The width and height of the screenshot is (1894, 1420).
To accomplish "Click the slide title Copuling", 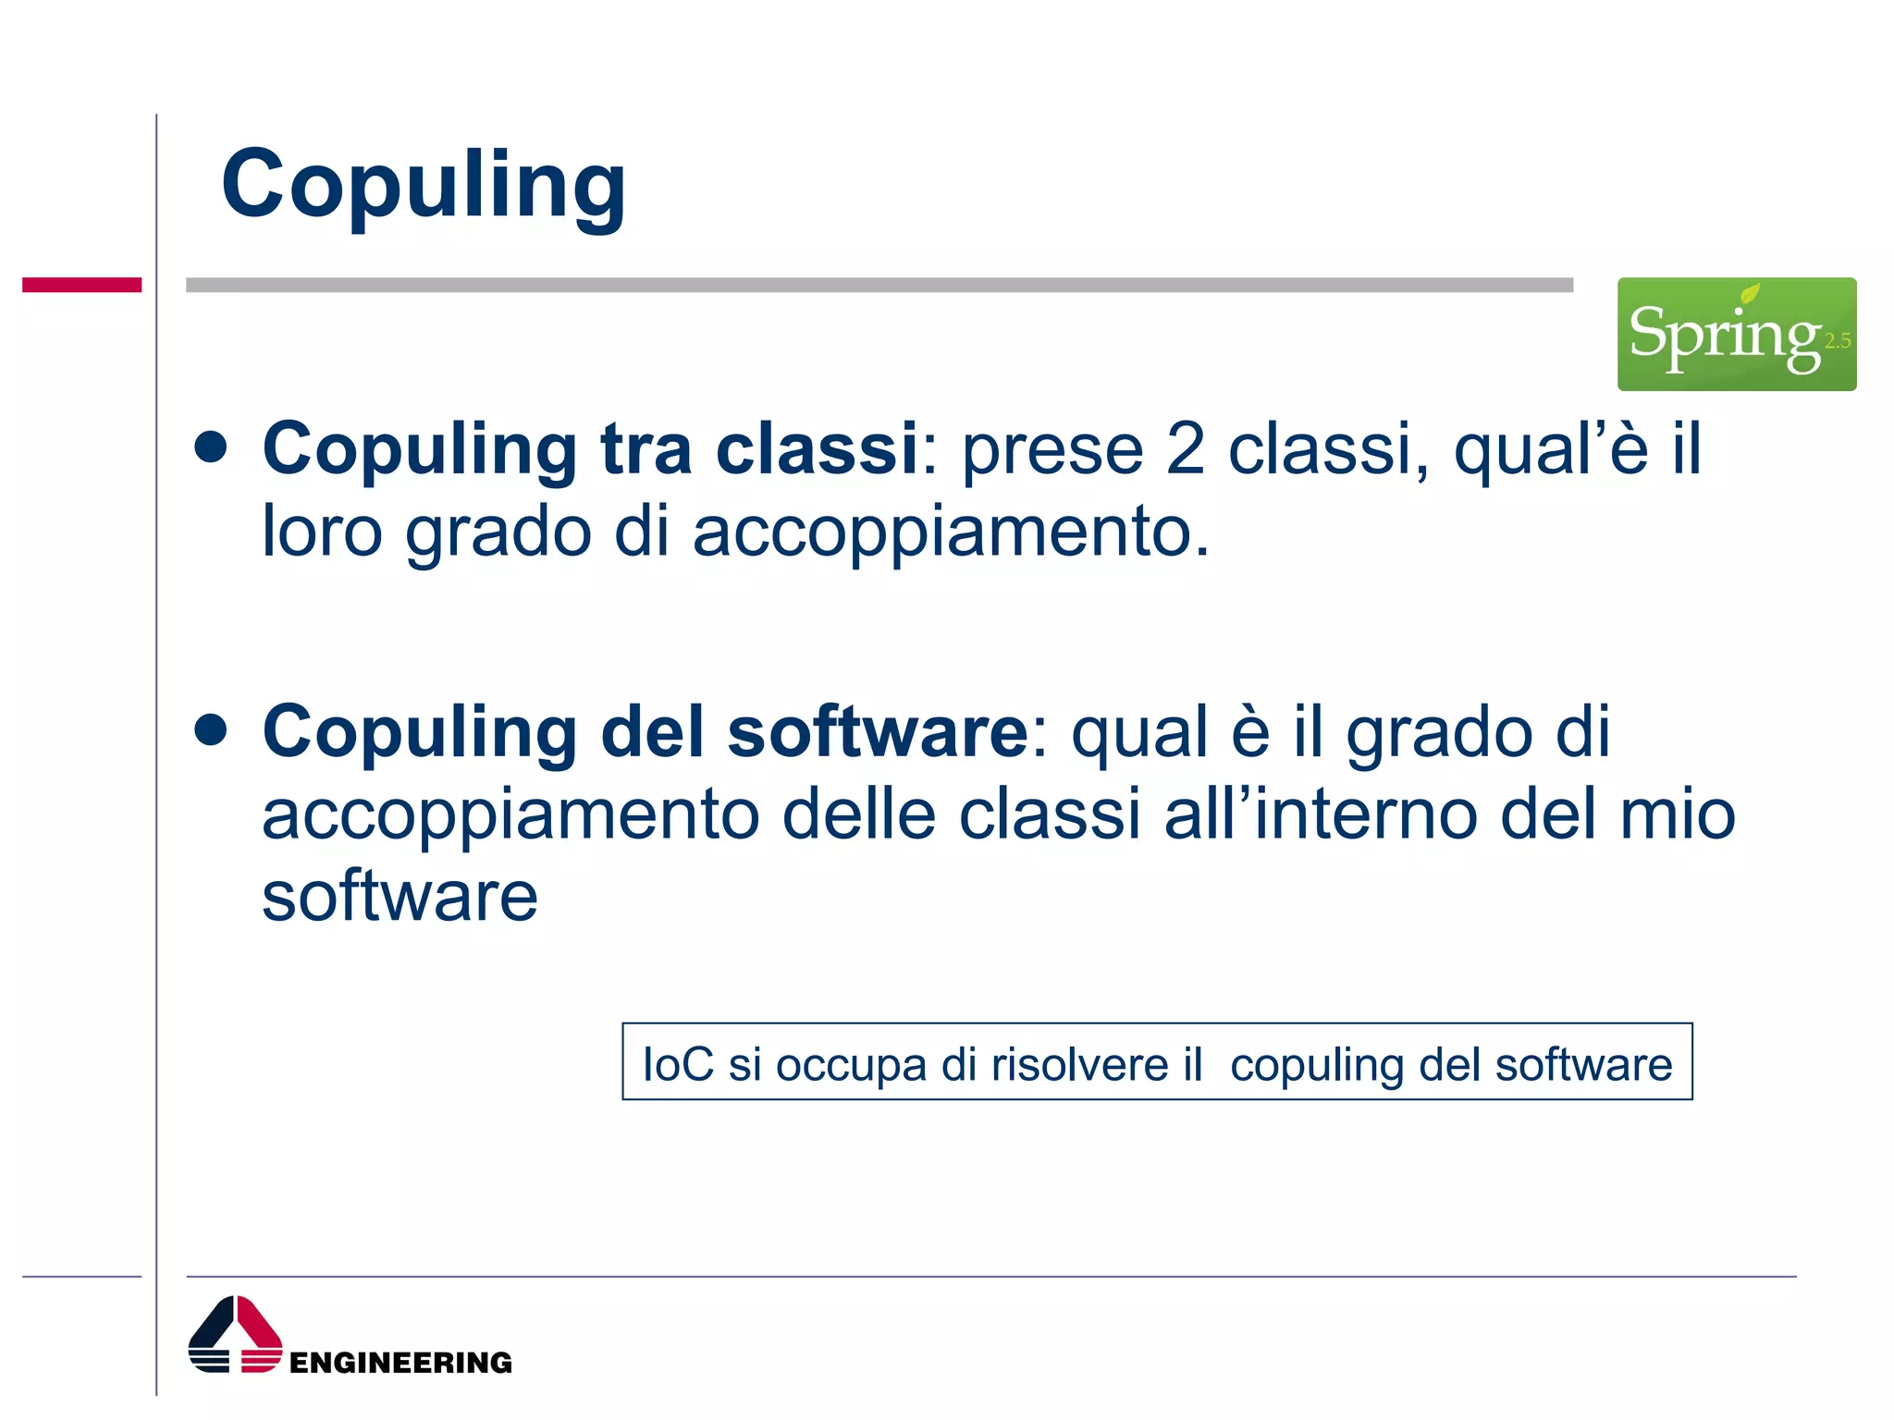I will coord(424,185).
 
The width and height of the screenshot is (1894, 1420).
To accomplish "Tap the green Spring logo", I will coord(1735,334).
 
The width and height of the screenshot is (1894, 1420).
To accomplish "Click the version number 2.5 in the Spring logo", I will coord(1837,341).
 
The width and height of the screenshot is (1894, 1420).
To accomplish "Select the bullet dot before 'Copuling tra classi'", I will coord(212,447).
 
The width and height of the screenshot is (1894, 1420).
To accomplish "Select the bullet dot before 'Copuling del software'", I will coord(212,729).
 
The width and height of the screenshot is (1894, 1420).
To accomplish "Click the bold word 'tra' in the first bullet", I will coord(646,449).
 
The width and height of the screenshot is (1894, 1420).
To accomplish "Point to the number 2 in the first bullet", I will coord(1185,449).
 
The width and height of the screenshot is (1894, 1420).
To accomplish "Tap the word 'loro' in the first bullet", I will coord(322,532).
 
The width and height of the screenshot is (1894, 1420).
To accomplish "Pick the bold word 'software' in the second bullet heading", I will coord(877,731).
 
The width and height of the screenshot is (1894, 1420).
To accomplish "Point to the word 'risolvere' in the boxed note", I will coord(1079,1064).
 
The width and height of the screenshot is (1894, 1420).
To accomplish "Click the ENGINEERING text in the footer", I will coord(400,1363).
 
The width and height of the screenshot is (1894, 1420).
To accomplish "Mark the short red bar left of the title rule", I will coord(81,285).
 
